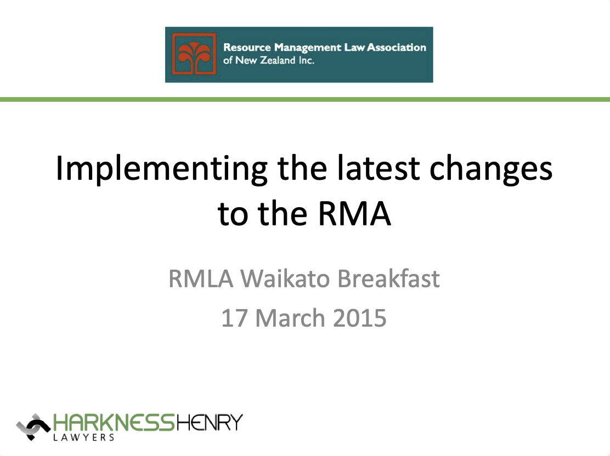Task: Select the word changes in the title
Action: (492, 170)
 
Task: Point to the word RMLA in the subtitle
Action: (201, 279)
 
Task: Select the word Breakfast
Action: (388, 279)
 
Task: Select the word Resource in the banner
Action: (246, 48)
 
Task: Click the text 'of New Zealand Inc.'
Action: (269, 61)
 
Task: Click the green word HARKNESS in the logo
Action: (113, 423)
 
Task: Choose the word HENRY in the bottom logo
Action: (208, 423)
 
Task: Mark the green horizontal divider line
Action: (305, 99)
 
